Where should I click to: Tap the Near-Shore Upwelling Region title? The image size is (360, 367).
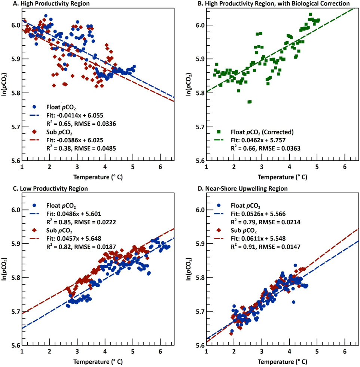tap(247, 188)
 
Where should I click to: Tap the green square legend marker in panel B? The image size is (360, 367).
tap(219, 131)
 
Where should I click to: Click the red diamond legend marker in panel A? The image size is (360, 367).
tap(35, 131)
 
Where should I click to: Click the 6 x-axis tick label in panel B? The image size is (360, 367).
tap(345, 167)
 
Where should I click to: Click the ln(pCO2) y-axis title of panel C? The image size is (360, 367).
tap(4, 277)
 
